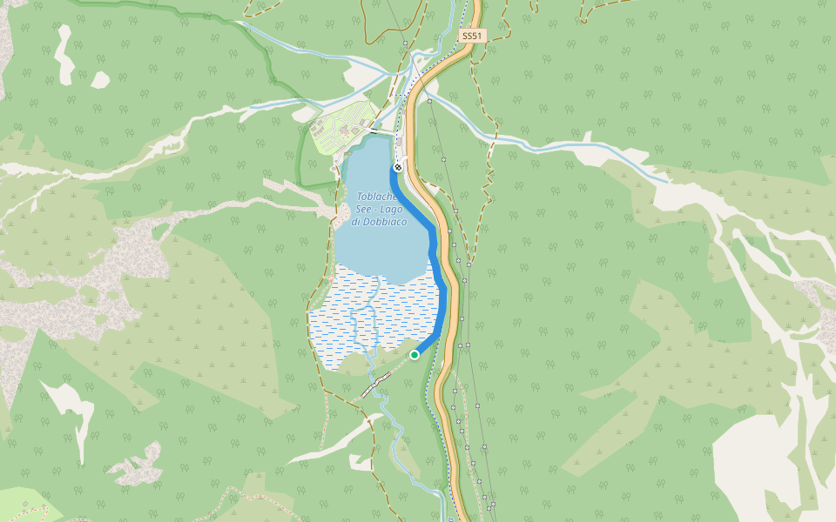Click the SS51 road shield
pyautogui.click(x=471, y=36)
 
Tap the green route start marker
pyautogui.click(x=415, y=354)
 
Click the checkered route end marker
pyautogui.click(x=398, y=166)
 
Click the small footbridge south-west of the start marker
pyautogui.click(x=377, y=383)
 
